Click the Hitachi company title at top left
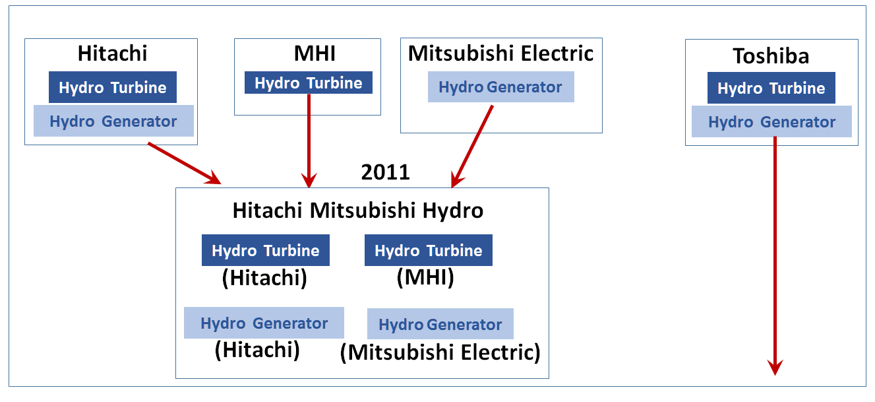[113, 53]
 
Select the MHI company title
[315, 53]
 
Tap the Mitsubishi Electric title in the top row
[500, 53]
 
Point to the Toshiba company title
[771, 56]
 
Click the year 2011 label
[386, 172]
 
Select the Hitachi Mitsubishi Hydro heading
[358, 211]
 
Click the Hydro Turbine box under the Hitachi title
[113, 87]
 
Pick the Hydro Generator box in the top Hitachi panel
[113, 121]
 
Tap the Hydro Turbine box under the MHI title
[309, 83]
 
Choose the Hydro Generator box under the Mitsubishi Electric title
[500, 87]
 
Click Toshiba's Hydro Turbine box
[771, 88]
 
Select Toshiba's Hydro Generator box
[772, 121]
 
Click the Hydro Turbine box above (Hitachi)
[266, 250]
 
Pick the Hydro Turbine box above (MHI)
[429, 250]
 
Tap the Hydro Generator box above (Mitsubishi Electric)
[440, 324]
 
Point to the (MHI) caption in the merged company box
[425, 278]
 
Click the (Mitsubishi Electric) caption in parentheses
[440, 352]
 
